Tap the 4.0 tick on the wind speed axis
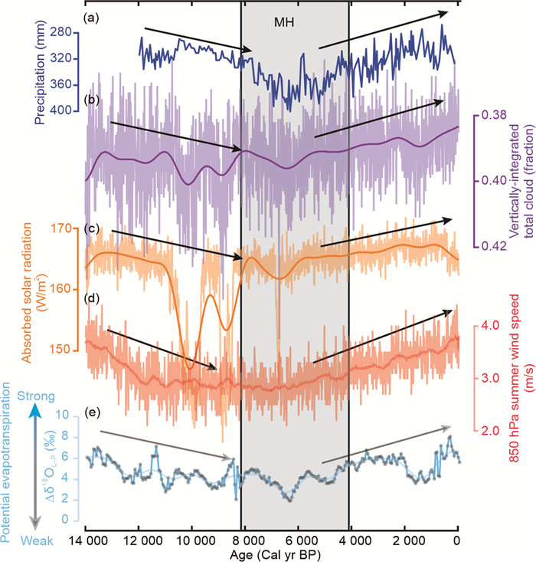pyautogui.click(x=490, y=326)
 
